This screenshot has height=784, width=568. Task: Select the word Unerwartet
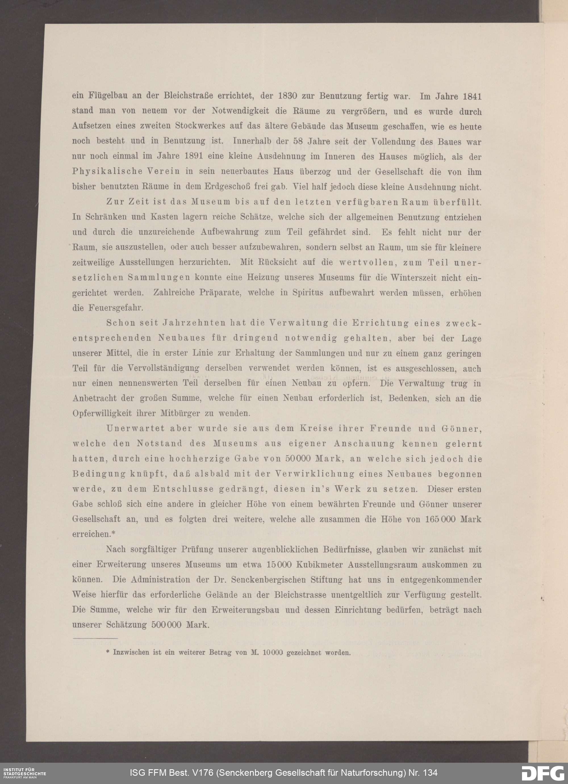(x=135, y=428)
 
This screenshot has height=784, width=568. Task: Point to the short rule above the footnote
(x=95, y=638)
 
